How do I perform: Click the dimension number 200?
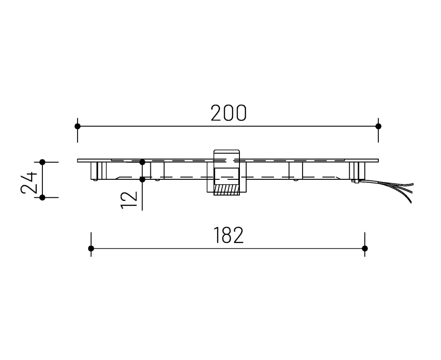pos(228,113)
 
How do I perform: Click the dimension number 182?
pos(228,236)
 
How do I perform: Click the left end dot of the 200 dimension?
pos(78,126)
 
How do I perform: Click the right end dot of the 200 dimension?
pos(378,126)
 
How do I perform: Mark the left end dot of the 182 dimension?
pos(91,249)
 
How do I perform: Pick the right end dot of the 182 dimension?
pos(365,249)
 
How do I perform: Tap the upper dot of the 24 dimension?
pos(42,162)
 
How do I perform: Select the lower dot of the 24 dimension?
pos(42,197)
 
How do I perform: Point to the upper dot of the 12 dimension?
pos(142,162)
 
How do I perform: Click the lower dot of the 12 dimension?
pos(142,179)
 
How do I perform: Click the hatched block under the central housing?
pos(226,190)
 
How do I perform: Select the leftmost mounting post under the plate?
pos(98,171)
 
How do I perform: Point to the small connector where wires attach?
pos(355,181)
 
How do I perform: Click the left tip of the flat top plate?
pos(78,160)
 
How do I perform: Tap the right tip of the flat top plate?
pos(377,160)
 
